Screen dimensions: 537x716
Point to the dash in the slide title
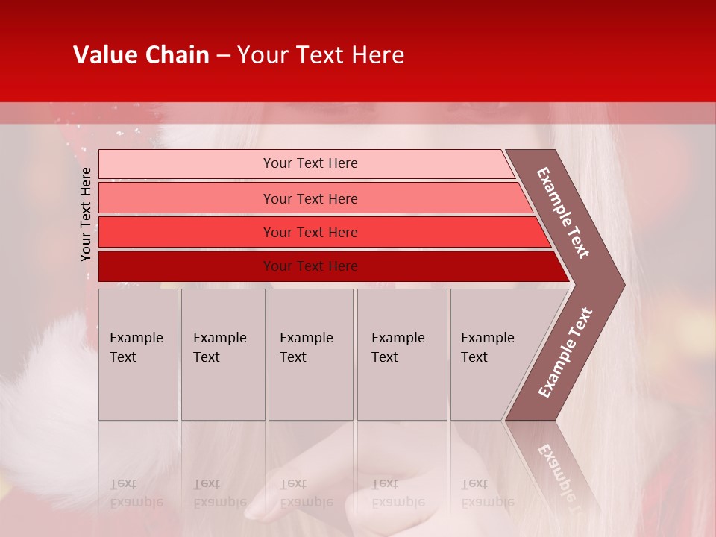(x=223, y=56)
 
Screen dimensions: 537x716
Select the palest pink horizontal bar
(x=186, y=164)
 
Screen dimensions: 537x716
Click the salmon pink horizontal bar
(x=186, y=198)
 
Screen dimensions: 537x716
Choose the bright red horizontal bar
(x=186, y=233)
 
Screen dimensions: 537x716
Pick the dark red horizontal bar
(x=186, y=266)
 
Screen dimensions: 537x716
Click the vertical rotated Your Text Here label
(x=86, y=214)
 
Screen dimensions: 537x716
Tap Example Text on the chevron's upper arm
(x=564, y=213)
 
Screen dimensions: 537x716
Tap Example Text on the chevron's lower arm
(x=565, y=353)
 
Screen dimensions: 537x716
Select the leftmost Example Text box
(x=138, y=354)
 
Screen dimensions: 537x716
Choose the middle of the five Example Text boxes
(x=310, y=354)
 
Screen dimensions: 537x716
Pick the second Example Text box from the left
(x=223, y=354)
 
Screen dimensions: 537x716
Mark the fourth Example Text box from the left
(x=402, y=354)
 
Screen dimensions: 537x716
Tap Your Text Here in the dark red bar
(x=310, y=266)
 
